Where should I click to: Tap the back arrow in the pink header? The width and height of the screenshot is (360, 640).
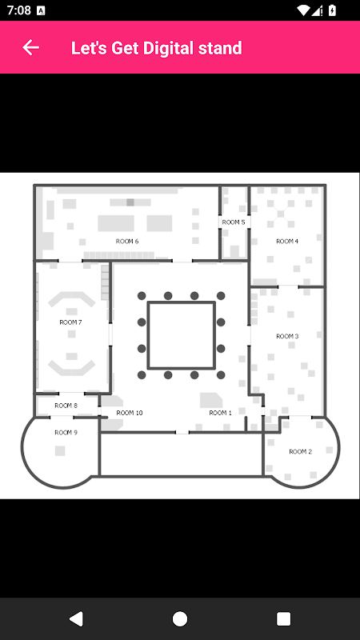point(30,48)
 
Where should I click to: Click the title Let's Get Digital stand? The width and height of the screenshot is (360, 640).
point(156,48)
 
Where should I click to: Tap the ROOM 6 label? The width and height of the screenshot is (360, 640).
point(127,242)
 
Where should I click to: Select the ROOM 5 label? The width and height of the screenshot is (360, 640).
point(234,222)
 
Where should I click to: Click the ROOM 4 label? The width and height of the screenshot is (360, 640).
point(287,242)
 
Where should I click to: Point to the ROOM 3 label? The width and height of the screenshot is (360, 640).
point(287,336)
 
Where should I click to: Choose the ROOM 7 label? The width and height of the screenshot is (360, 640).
point(70,322)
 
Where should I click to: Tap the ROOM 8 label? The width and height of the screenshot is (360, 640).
point(66,406)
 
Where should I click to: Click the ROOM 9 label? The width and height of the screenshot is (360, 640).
point(66,433)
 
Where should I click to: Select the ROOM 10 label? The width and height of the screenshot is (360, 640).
point(130,413)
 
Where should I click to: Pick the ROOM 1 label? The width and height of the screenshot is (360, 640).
point(221,413)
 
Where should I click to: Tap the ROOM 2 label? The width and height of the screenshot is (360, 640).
point(301,451)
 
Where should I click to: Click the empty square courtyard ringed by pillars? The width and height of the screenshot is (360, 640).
point(182,335)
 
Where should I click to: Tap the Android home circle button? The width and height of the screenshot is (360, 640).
point(180,618)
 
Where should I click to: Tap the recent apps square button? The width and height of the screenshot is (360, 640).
point(284,618)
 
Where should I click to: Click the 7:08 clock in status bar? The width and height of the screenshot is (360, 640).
point(18,10)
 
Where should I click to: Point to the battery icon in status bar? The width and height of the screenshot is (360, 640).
point(332,10)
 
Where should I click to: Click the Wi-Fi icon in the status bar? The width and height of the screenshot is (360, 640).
point(303,10)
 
